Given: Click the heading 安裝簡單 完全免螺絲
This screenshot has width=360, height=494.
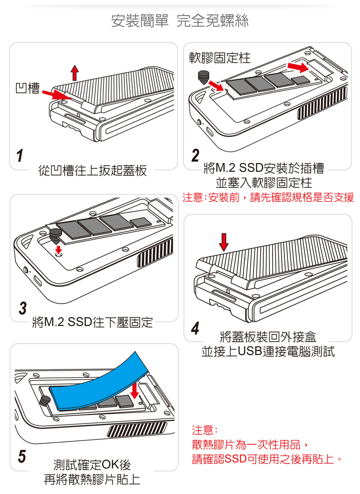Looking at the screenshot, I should (x=180, y=21).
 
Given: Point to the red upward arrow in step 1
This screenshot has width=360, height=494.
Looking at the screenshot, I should (x=75, y=73).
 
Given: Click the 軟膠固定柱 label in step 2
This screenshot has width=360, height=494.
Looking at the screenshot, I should (x=220, y=58).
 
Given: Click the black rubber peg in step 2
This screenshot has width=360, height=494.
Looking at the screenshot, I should (x=204, y=77).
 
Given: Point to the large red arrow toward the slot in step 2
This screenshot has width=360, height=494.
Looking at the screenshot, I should (x=298, y=67).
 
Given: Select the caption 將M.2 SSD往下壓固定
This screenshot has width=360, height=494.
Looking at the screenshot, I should (x=93, y=323).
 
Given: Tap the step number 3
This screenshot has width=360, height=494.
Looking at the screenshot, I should (x=22, y=309).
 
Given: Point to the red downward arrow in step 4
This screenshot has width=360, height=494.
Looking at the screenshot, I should (x=224, y=241).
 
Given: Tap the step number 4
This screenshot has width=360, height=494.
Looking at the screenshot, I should (x=195, y=328).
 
